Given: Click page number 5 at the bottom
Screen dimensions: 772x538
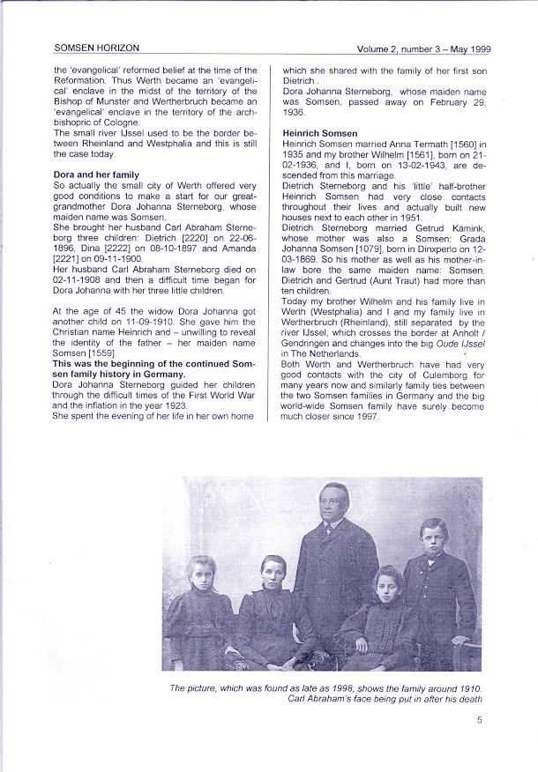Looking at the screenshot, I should point(479,720).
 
